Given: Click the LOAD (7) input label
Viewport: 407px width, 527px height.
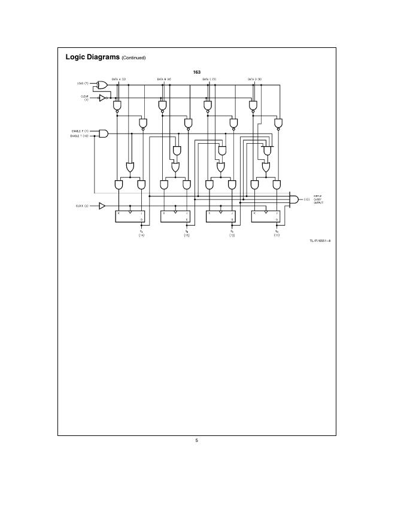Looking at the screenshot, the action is [x=83, y=83].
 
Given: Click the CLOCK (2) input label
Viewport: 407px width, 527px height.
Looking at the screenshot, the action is [x=82, y=206].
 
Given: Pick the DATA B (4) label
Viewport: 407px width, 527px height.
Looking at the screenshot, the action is [x=164, y=79].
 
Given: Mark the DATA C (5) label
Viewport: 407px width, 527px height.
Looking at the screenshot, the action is [x=209, y=79].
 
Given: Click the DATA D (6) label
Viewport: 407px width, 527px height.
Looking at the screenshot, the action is [x=255, y=79].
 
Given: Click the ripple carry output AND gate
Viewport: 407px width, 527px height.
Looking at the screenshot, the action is [x=294, y=199].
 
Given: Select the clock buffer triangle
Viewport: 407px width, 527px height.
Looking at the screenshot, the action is [x=102, y=206].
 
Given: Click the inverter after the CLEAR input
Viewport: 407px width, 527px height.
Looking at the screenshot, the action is [x=102, y=97].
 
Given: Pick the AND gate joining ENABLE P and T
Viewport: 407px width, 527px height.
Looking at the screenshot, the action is [x=104, y=133].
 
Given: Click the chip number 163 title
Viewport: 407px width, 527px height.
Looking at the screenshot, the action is [x=196, y=72].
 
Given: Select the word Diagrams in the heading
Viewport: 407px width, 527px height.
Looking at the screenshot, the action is [x=104, y=57].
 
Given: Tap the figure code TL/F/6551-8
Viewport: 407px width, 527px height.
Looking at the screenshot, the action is [x=320, y=241].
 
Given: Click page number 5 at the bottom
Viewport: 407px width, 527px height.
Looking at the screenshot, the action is [x=196, y=441].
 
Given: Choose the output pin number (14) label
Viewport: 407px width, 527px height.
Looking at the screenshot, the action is [x=142, y=235].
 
